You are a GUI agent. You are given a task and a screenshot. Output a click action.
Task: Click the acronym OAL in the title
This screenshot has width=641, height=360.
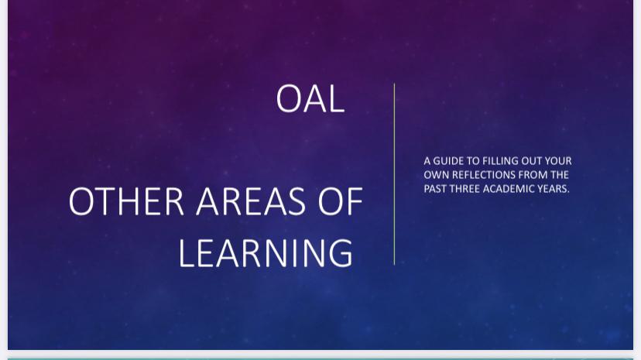(310, 98)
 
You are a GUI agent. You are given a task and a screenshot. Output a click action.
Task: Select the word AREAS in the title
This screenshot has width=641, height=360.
(251, 201)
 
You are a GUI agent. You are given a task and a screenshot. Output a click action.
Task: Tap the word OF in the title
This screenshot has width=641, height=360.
(340, 201)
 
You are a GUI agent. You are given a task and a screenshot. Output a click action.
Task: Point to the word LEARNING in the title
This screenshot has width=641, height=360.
(266, 253)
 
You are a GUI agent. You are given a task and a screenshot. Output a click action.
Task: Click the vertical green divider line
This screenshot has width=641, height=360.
(395, 174)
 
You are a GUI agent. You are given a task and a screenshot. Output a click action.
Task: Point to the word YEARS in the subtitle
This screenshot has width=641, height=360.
(552, 189)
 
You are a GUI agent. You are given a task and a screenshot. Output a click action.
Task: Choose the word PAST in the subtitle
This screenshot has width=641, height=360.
(435, 189)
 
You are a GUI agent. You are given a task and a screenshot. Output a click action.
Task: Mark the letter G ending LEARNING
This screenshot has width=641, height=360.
(340, 253)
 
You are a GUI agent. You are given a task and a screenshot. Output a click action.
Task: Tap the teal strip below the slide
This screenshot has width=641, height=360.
(320, 358)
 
